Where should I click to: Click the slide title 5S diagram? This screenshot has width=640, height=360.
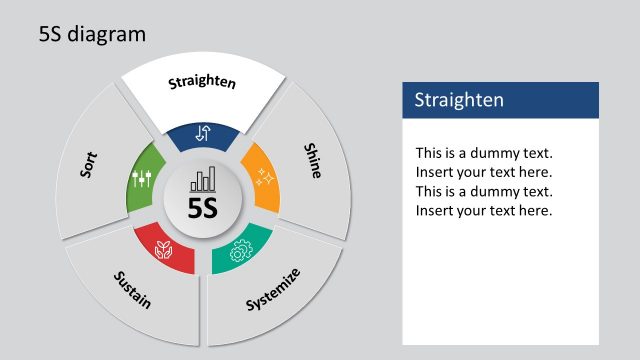pos(92,34)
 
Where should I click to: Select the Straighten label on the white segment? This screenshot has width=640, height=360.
pos(202,82)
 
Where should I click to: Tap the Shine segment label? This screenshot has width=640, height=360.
pos(313,160)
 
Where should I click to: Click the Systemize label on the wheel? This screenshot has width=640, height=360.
pos(272,289)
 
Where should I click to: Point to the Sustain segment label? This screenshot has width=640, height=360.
pos(133,289)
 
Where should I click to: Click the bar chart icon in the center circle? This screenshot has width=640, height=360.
pos(203,180)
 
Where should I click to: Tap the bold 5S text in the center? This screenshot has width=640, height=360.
pos(203,208)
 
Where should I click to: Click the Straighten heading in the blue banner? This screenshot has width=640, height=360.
pos(459,100)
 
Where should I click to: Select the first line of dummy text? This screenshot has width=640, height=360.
pos(484,153)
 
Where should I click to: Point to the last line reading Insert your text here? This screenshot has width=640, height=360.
pos(484,210)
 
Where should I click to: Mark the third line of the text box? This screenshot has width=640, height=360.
pos(484,191)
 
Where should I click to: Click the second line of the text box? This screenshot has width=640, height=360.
pos(484,172)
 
